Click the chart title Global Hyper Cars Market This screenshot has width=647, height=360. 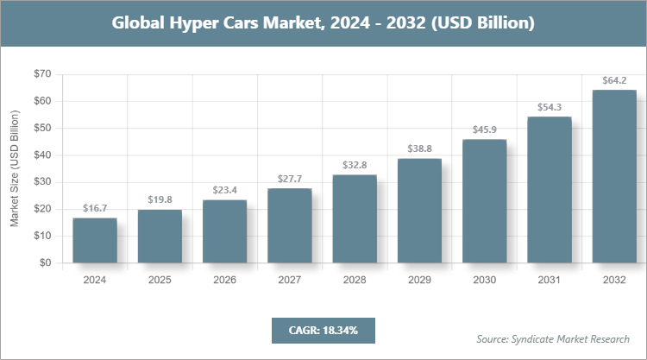(x=323, y=23)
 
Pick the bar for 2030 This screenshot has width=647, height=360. (x=485, y=201)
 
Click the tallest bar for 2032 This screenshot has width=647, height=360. (x=614, y=176)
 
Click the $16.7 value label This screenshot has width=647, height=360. (x=95, y=209)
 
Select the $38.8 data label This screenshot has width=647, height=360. (x=419, y=149)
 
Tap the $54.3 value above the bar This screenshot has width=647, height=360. (x=550, y=108)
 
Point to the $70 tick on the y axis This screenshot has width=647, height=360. (x=41, y=74)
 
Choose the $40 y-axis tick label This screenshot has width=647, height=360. (x=41, y=155)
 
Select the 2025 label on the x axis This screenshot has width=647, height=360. (x=160, y=280)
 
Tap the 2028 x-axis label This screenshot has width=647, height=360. (x=355, y=280)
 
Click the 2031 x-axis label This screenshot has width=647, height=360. (x=550, y=280)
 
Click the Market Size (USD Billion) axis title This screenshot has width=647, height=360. (x=15, y=168)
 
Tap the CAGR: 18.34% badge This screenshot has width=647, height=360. (x=323, y=330)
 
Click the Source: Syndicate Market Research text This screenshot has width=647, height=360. (x=553, y=338)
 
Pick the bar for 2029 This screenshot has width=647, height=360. (x=419, y=211)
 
